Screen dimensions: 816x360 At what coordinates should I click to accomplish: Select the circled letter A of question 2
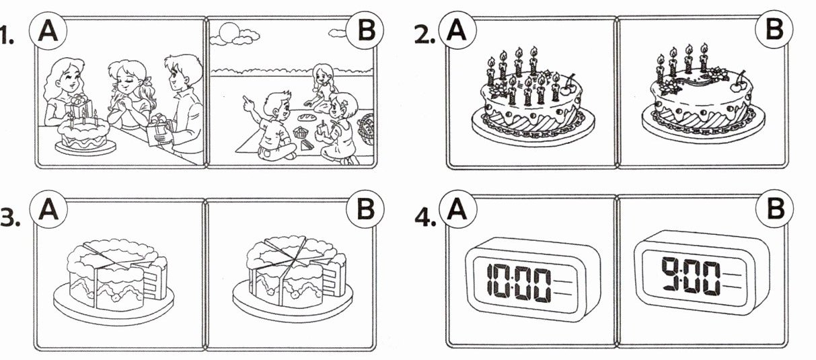point(457,30)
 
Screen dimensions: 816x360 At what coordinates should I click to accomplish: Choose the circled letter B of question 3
point(365,209)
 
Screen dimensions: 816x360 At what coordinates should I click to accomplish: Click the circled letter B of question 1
point(365,30)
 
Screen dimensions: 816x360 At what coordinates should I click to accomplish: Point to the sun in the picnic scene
point(229,32)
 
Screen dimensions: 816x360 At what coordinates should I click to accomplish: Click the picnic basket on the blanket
point(367,129)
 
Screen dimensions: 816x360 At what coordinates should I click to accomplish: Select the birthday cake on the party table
point(84,135)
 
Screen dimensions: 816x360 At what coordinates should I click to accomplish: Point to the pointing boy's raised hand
point(250,103)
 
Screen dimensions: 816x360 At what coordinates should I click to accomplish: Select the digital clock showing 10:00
point(532,279)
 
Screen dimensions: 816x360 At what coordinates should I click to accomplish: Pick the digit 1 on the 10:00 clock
point(490,280)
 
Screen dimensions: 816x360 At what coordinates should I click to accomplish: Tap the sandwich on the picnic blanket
point(307,145)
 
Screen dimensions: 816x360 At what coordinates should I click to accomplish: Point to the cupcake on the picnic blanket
point(301,133)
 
